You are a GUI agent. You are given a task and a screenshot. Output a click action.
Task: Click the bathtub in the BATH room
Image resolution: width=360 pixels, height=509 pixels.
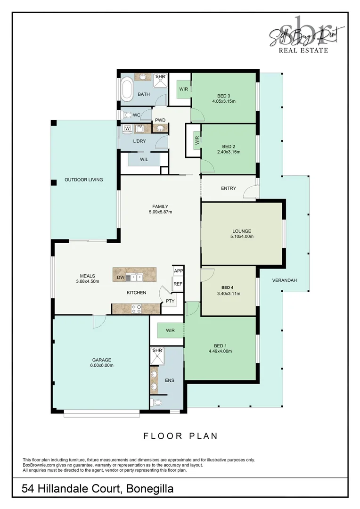click(x=127, y=90)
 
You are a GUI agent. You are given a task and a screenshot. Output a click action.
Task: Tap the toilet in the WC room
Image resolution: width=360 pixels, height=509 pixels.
click(x=127, y=115)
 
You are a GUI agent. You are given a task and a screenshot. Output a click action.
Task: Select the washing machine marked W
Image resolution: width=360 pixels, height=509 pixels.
click(x=127, y=128)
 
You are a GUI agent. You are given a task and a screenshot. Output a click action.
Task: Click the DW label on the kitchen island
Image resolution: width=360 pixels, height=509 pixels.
click(x=121, y=278)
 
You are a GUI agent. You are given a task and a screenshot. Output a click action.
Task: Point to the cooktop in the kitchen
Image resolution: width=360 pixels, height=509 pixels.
click(x=136, y=309)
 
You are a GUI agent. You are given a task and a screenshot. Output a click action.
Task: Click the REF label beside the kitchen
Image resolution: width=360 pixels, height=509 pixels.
click(x=178, y=284)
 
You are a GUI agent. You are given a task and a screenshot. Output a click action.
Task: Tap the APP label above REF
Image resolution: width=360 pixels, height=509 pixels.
click(x=178, y=271)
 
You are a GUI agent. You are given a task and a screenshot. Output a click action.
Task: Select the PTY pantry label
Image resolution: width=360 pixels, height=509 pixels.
click(x=170, y=301)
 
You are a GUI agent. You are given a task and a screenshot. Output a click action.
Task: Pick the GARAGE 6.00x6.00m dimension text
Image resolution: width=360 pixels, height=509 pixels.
click(x=101, y=365)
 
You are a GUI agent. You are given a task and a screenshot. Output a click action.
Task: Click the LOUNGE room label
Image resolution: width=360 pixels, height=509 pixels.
click(x=242, y=231)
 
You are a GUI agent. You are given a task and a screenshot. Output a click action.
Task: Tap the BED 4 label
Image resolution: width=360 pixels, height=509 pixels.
click(x=228, y=287)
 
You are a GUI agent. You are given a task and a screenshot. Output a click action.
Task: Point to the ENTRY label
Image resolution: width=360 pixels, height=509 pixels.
click(x=228, y=189)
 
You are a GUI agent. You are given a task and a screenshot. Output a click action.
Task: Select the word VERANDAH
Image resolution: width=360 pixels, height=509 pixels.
click(x=284, y=280)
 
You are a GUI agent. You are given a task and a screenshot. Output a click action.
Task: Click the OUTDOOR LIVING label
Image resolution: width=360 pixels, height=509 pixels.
click(x=83, y=180)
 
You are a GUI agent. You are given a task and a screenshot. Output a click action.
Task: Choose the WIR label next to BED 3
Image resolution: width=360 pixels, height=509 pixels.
click(x=183, y=88)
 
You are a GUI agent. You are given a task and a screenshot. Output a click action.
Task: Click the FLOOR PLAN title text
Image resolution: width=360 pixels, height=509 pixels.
click(x=180, y=436)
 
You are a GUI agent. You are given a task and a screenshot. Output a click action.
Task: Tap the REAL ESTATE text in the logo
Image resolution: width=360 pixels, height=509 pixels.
click(x=303, y=50)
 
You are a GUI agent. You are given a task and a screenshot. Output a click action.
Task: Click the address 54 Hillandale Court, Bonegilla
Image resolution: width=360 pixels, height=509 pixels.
click(x=98, y=489)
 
